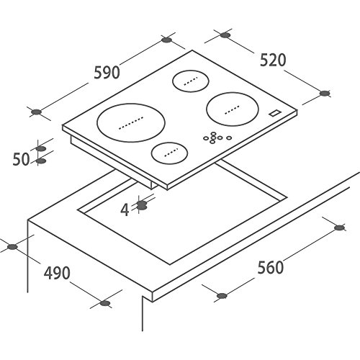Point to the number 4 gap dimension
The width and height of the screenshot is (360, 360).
pyautogui.click(x=125, y=210)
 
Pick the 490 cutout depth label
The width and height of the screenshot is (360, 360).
pyautogui.click(x=55, y=274)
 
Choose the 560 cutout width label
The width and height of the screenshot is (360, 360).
pyautogui.click(x=270, y=268)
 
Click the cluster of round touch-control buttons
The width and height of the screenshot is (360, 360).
pyautogui.click(x=216, y=138)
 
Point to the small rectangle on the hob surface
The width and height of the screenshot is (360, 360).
pyautogui.click(x=274, y=113)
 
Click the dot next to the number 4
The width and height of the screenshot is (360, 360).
pyautogui.click(x=141, y=205)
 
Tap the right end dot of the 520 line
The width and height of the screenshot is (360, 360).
pyautogui.click(x=324, y=93)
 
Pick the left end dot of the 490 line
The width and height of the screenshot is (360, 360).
pyautogui.click(x=10, y=247)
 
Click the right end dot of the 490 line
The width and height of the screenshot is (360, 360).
pyautogui.click(x=105, y=303)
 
